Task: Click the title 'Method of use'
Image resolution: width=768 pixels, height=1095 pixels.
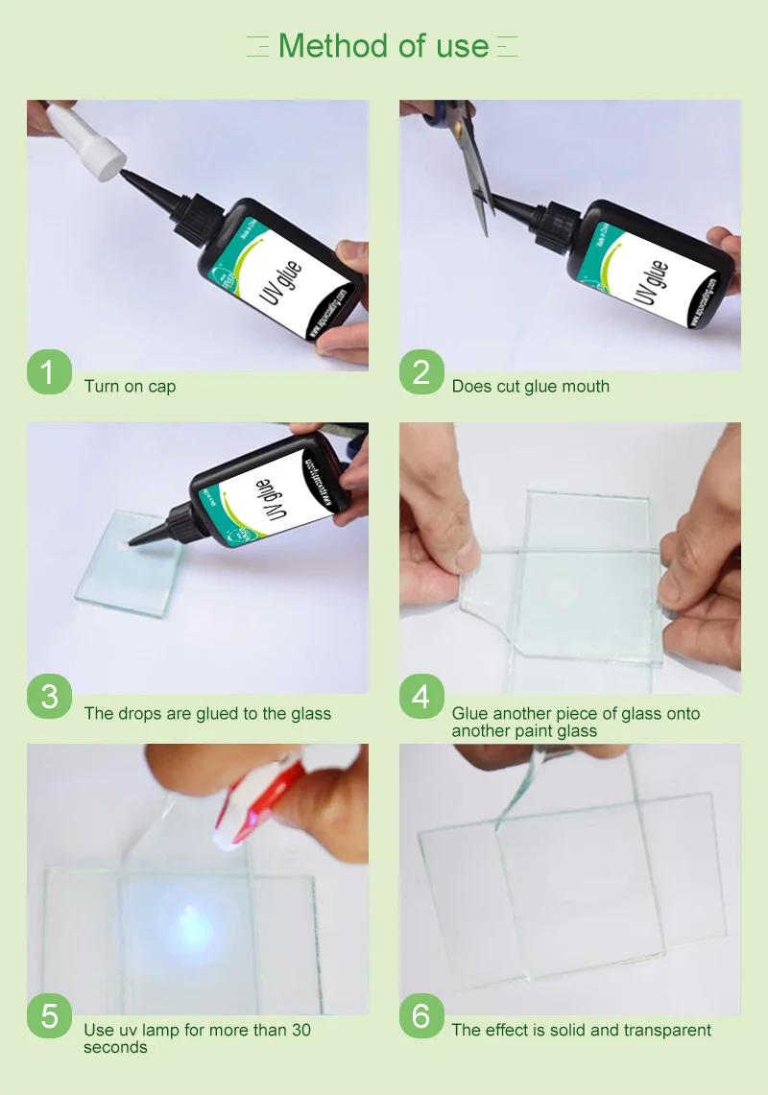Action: (x=383, y=45)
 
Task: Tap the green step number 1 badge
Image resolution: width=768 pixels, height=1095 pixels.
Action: (x=50, y=371)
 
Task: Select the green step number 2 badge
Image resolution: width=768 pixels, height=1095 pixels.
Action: (x=421, y=371)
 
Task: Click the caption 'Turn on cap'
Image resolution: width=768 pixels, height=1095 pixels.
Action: (x=130, y=387)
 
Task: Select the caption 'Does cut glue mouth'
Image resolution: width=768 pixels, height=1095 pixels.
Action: (x=530, y=387)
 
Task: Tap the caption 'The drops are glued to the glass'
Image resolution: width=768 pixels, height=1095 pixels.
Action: (x=207, y=714)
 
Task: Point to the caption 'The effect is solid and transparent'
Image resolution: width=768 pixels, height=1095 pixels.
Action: (x=581, y=1031)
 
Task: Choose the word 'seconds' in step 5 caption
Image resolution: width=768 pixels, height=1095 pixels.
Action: (x=115, y=1047)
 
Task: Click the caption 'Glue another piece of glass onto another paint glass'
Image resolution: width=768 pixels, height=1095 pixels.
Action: (x=575, y=723)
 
